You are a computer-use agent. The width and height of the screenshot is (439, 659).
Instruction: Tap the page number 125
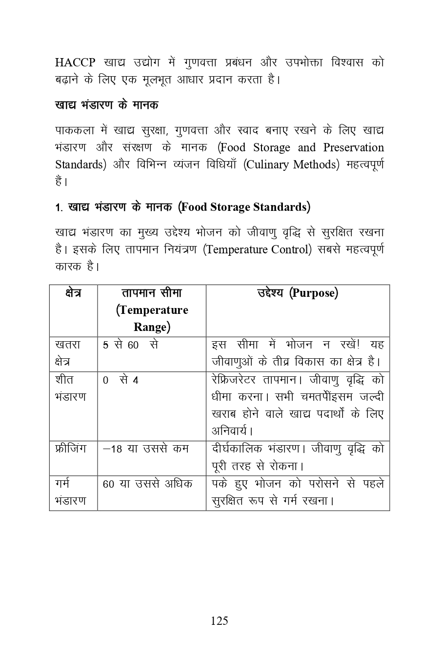[x=219, y=621]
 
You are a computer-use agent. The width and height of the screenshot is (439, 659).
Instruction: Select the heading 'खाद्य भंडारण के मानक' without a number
[x=106, y=105]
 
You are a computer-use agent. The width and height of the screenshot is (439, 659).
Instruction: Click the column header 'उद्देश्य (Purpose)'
[x=298, y=293]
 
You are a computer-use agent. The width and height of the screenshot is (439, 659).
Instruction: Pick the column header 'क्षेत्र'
[x=73, y=293]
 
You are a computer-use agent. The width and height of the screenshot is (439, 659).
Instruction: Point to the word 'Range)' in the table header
[x=152, y=327]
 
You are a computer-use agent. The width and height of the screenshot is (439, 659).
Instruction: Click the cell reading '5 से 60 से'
[x=130, y=345]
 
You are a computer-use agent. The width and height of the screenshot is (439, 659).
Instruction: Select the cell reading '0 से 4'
[x=120, y=380]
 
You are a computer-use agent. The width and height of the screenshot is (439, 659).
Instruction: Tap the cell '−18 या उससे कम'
[x=146, y=449]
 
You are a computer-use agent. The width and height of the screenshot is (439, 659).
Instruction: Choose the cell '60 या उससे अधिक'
[x=147, y=484]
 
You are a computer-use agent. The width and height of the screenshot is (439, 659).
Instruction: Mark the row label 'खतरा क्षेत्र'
[x=68, y=353]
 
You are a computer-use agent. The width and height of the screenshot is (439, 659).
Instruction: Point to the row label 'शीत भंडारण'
[x=70, y=388]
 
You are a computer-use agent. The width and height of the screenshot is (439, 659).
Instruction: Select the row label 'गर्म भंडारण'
[x=70, y=492]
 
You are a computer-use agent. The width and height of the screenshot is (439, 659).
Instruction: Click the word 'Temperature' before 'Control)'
[x=236, y=249]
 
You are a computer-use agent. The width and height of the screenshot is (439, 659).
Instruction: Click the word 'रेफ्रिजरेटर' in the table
[x=235, y=380]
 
